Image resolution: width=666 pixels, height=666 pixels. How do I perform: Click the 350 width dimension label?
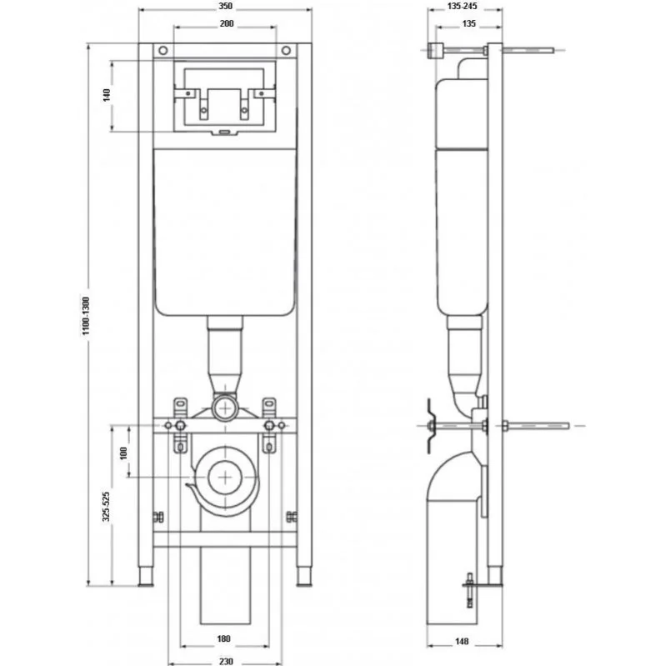pos(226,6)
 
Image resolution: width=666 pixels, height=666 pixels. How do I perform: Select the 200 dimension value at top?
pos(227,24)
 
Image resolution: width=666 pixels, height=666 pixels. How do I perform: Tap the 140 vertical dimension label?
pos(107,95)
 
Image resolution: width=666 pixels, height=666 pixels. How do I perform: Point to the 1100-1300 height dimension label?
pos(86,316)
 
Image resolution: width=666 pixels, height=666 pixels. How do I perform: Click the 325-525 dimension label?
pos(106,506)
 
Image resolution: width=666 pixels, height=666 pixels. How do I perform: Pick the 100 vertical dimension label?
pos(123,453)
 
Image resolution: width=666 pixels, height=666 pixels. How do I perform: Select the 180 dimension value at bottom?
pos(223,638)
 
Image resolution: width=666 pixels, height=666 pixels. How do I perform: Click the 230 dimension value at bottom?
pos(226,661)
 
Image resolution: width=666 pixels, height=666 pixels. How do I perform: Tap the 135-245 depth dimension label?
pos(462,6)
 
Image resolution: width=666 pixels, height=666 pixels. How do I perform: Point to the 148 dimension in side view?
pos(462,641)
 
